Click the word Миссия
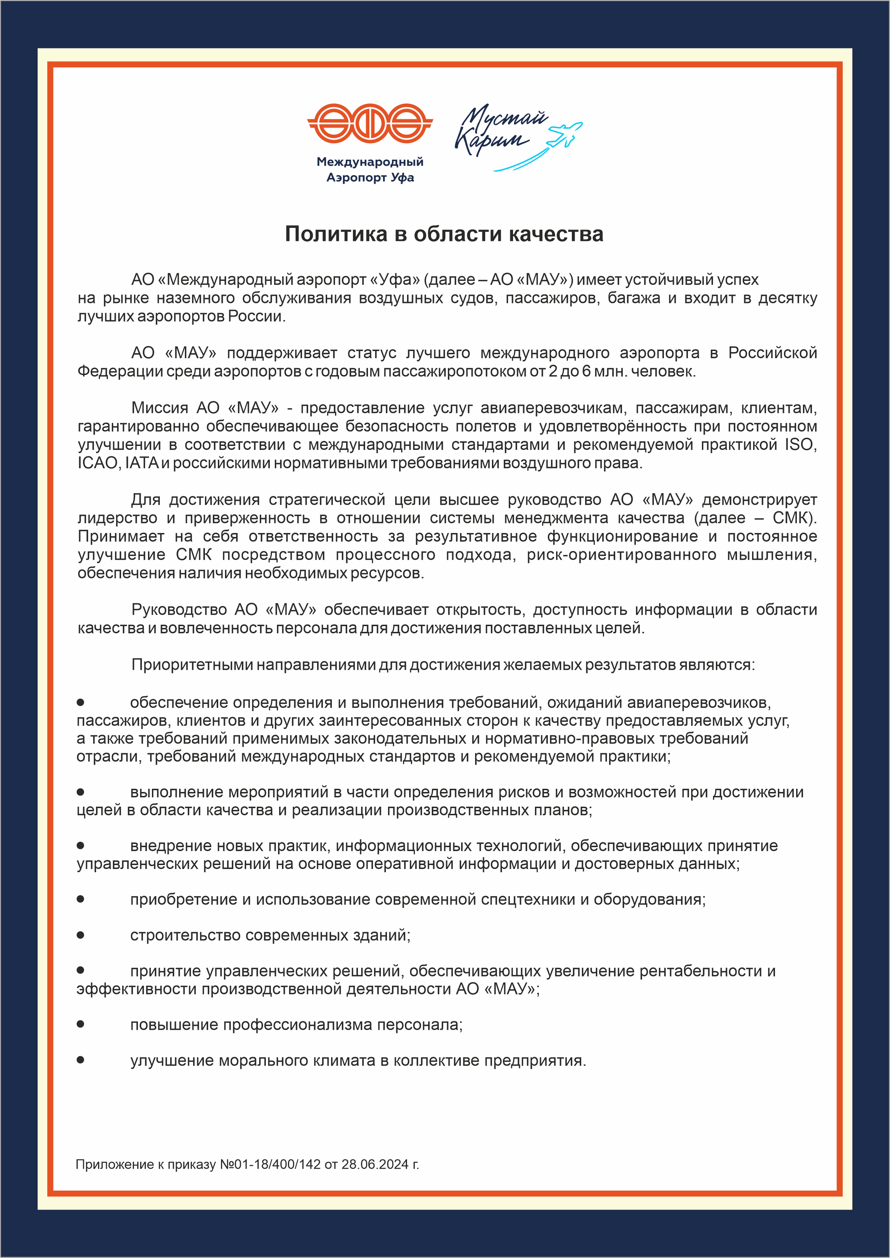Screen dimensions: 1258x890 (159, 408)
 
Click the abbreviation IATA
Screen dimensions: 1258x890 (142, 463)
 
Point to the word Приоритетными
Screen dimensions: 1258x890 (192, 664)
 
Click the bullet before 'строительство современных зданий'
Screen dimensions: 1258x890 (81, 935)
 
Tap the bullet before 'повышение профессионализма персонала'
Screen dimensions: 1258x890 (81, 1024)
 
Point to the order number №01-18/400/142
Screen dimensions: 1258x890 (270, 1164)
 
